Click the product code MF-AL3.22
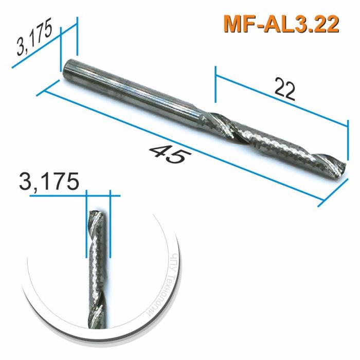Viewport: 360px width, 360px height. pyautogui.click(x=281, y=24)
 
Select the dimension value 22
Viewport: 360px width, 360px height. pyautogui.click(x=284, y=88)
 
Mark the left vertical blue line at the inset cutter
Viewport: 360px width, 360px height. pyautogui.click(x=86, y=226)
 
